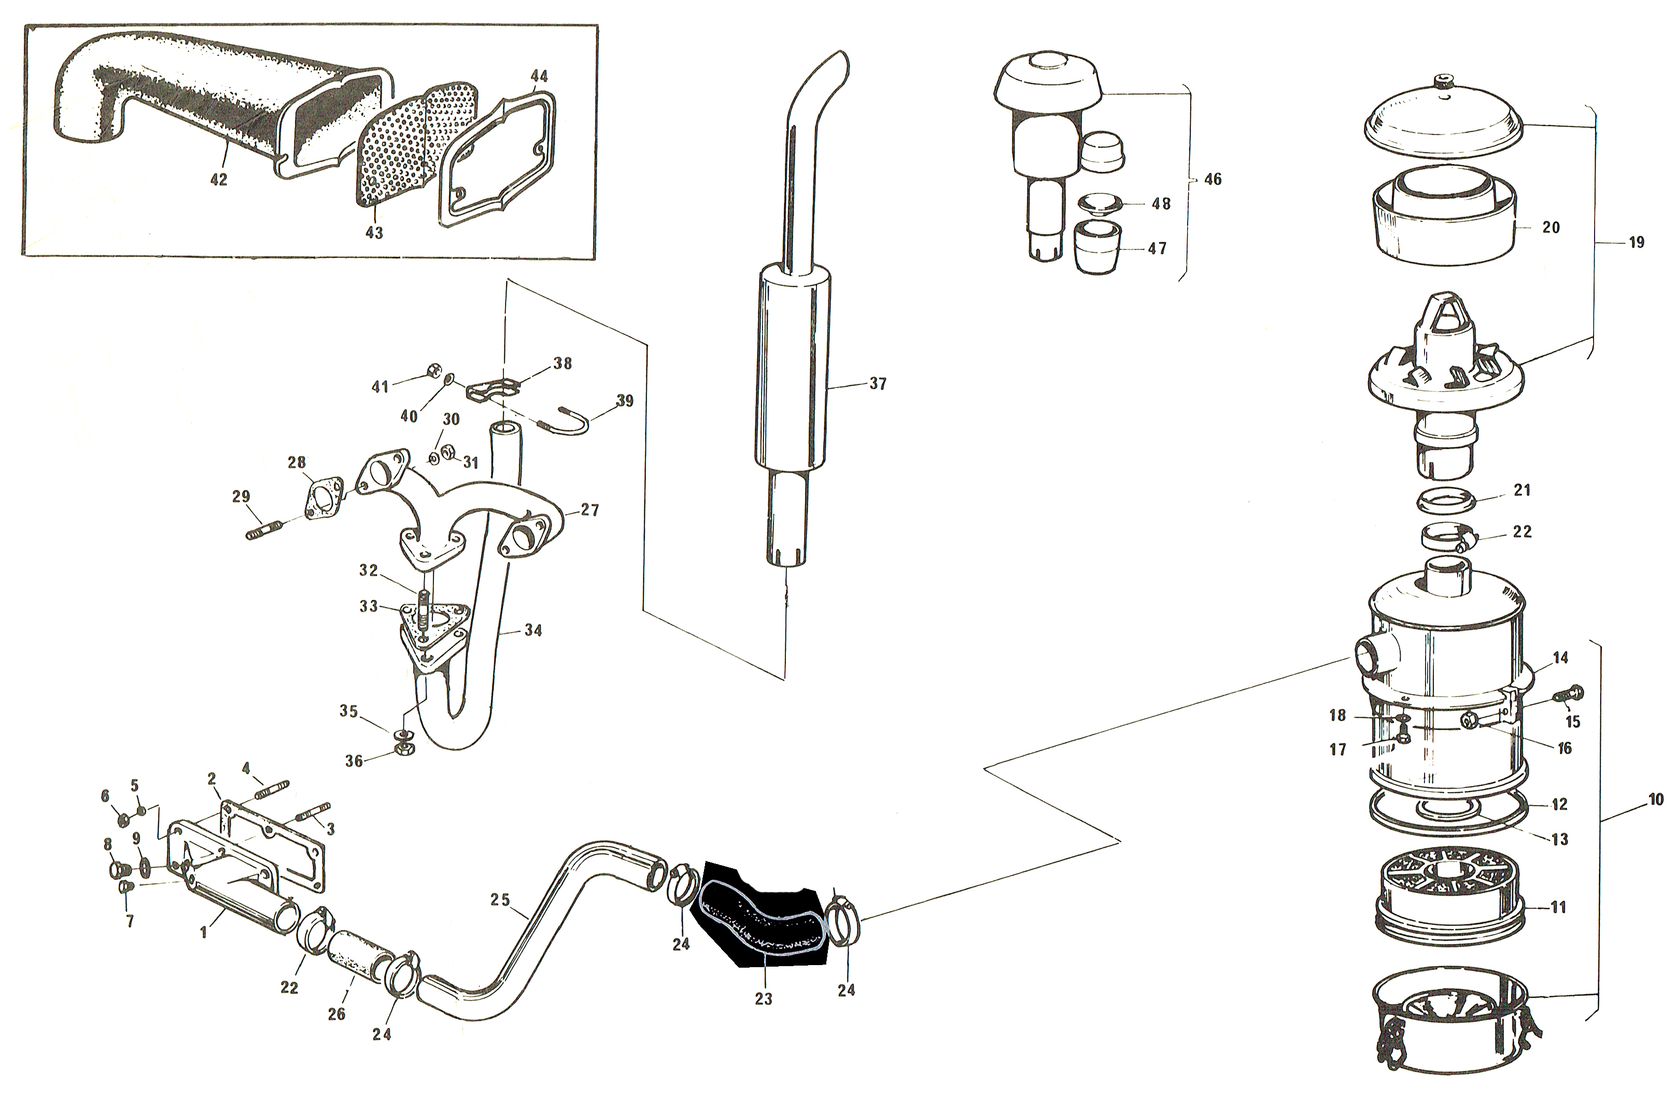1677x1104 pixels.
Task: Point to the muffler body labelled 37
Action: click(x=791, y=370)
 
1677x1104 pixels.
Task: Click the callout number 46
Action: click(x=1212, y=180)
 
